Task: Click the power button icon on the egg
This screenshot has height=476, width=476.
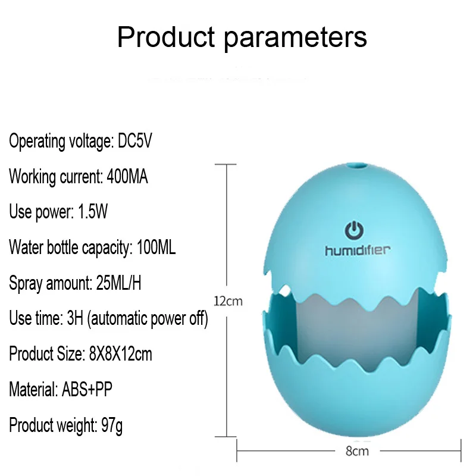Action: pos(354,231)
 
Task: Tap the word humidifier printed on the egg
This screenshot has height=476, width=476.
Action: pos(358,250)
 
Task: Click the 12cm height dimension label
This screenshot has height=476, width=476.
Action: pos(228,301)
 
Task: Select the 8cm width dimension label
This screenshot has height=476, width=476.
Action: pos(357,451)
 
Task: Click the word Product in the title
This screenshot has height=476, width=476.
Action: pos(166,37)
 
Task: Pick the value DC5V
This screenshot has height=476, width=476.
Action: pos(135,141)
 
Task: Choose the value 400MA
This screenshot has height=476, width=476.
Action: pos(127,176)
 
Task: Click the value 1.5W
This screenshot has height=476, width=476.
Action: pos(93,212)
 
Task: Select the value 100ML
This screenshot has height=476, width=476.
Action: pos(156,247)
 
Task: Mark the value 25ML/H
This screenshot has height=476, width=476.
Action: pos(118,283)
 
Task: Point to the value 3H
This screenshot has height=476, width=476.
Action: pos(75,318)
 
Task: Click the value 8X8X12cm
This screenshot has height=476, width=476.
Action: pos(121,353)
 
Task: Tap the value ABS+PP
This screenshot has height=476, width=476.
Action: pos(87,389)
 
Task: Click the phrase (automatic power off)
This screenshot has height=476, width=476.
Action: pos(148,319)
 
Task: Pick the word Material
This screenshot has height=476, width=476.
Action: pos(33,389)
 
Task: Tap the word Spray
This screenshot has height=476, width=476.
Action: pos(26,284)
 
